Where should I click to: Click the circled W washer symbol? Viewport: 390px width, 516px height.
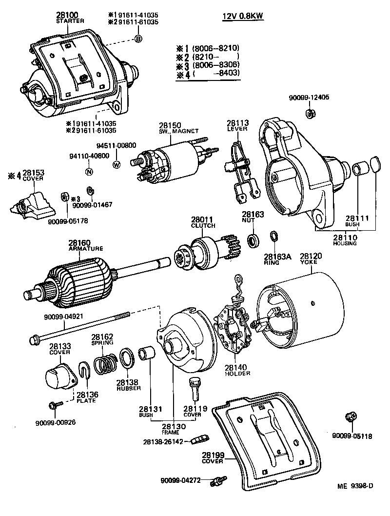point(117,164)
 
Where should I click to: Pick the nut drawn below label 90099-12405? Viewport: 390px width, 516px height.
point(308,114)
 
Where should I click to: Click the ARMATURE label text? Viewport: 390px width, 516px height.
point(86,248)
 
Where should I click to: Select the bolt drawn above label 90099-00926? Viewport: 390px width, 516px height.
point(53,406)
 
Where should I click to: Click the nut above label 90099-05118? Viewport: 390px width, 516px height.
point(350,417)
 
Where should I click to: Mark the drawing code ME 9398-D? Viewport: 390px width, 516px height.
point(356,486)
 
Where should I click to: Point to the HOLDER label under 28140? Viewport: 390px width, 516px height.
point(238,374)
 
